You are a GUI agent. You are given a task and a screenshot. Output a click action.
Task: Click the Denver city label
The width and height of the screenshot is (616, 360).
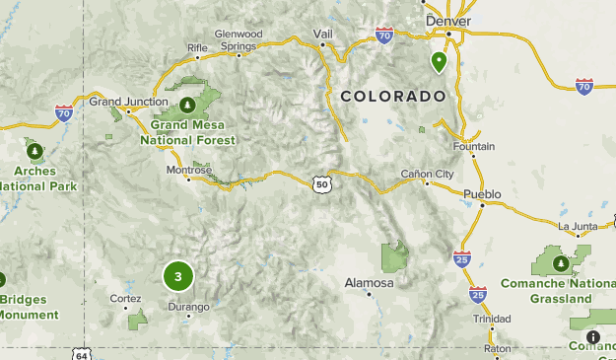448,21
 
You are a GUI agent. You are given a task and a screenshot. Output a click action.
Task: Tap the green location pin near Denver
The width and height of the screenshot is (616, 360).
439,62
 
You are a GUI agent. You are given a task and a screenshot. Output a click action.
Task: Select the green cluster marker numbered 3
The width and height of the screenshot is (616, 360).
178,277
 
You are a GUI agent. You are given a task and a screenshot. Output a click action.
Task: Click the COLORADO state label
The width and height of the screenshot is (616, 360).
393,96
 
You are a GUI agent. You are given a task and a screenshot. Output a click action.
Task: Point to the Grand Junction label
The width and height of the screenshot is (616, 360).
124,101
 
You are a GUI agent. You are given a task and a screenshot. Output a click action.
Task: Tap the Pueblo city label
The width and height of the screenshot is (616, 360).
483,193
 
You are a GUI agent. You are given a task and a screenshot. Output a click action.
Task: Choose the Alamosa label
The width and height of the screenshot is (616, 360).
369,282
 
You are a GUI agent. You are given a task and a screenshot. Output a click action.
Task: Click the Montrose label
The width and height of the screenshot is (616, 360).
188,169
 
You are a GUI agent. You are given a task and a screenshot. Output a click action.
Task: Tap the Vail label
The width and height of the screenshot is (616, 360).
323,33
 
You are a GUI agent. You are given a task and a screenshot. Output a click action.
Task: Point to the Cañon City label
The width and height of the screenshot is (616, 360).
428,174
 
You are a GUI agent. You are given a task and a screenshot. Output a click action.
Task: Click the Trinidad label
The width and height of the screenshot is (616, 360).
492,319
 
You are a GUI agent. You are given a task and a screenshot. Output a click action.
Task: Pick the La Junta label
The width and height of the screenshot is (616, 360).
577,226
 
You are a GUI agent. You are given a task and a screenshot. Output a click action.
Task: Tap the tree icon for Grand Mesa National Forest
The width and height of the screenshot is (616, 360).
187,104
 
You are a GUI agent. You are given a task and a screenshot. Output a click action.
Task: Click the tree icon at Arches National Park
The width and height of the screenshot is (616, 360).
35,151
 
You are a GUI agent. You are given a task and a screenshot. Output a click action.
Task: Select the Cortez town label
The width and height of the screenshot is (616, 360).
125,297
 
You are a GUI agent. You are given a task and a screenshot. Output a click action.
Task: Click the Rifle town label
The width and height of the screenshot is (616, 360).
198,46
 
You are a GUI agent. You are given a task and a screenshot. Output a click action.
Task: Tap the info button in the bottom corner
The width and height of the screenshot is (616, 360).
592,336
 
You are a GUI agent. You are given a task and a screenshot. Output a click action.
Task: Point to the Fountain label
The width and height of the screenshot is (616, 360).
473,146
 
